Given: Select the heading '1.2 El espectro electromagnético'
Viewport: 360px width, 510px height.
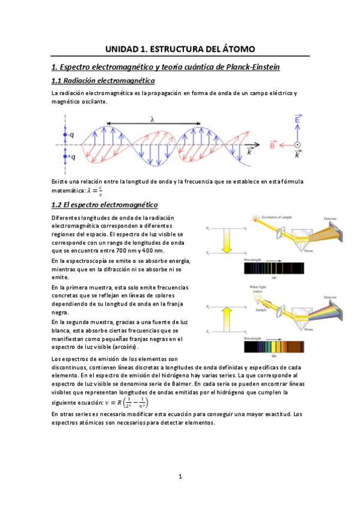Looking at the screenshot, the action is [x=104, y=204].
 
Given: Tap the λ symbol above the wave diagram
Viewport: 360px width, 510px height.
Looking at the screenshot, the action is [x=153, y=120].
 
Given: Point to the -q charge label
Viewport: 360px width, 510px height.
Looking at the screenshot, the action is [x=70, y=135].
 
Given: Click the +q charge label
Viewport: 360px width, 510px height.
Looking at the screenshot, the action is [x=71, y=157].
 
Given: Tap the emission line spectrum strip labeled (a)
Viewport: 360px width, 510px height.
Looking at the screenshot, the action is [x=274, y=269].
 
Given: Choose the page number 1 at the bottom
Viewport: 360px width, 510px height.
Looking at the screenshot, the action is [x=180, y=477].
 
